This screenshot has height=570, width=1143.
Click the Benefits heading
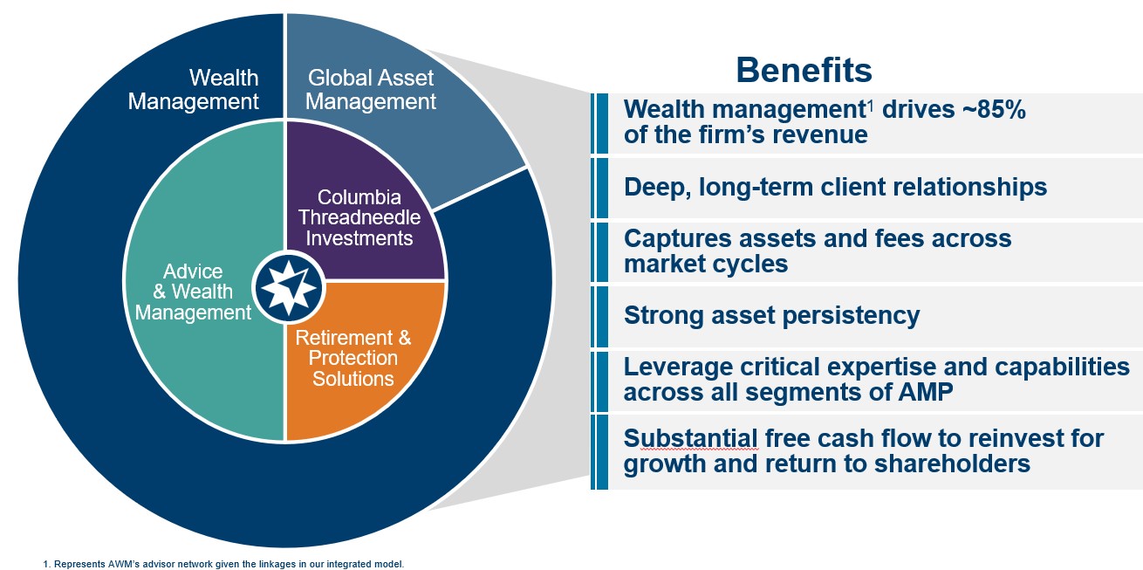(803, 69)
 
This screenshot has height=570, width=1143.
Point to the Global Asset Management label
(371, 90)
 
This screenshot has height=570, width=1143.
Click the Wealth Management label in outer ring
(194, 90)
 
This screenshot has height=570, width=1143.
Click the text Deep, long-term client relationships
(835, 187)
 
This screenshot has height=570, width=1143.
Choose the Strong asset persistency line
(771, 314)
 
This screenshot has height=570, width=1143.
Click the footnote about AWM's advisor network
(223, 564)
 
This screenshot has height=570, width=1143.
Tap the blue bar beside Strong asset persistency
(600, 315)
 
